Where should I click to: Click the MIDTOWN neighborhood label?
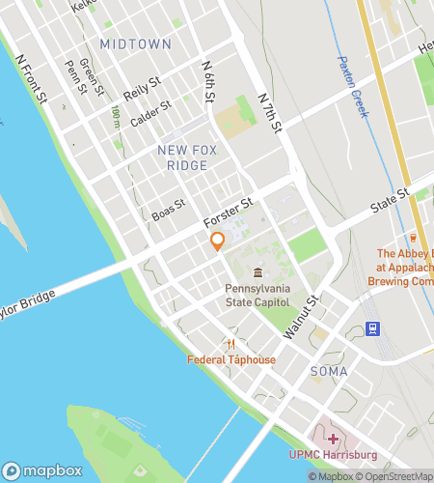click(x=135, y=44)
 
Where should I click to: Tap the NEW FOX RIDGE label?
click(x=183, y=157)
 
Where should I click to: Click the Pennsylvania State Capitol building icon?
click(x=258, y=273)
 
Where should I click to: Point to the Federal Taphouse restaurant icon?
click(x=231, y=345)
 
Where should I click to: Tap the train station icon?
click(x=373, y=327)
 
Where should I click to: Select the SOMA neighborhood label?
click(x=329, y=371)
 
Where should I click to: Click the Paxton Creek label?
click(x=353, y=87)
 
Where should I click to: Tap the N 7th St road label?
click(x=275, y=112)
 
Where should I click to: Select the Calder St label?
click(x=152, y=112)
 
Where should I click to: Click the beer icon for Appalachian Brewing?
click(x=413, y=237)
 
